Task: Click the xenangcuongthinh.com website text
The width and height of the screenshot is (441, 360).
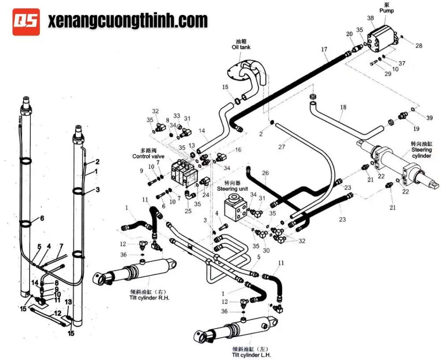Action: coord(127,21)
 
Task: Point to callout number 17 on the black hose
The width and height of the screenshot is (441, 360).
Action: coord(324,50)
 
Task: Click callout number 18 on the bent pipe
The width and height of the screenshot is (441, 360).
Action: coord(344,107)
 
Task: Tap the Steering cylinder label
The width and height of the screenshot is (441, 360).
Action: coord(421,150)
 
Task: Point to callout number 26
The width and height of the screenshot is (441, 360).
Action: coord(265,172)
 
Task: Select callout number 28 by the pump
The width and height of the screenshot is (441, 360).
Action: coord(419,45)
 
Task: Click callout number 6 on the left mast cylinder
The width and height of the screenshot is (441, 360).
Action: coord(42,218)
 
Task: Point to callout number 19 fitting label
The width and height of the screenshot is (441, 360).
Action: coord(404,129)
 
